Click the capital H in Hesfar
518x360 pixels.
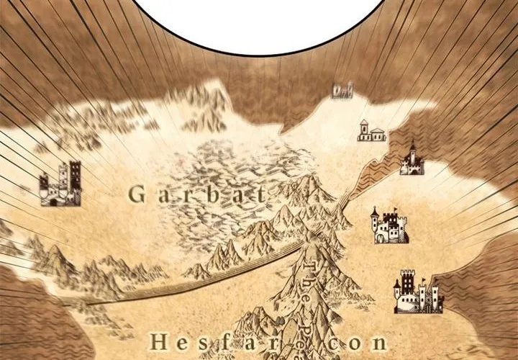coord(159,343)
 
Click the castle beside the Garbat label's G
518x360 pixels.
coord(60,184)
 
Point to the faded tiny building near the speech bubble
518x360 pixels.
coord(342,90)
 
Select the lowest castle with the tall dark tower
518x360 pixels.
coord(417,292)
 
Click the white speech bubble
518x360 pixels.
coord(259,22)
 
